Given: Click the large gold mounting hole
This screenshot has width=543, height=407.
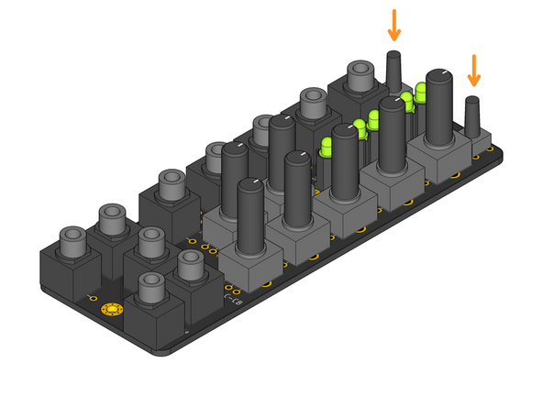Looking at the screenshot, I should point(113,309).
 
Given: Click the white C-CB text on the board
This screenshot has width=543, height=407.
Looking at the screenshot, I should point(233,297).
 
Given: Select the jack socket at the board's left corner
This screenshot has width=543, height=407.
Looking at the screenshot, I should point(72,243).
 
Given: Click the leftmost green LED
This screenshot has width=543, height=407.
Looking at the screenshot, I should point(326,148).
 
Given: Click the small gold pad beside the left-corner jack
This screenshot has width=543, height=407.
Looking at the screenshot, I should point(92,299).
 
